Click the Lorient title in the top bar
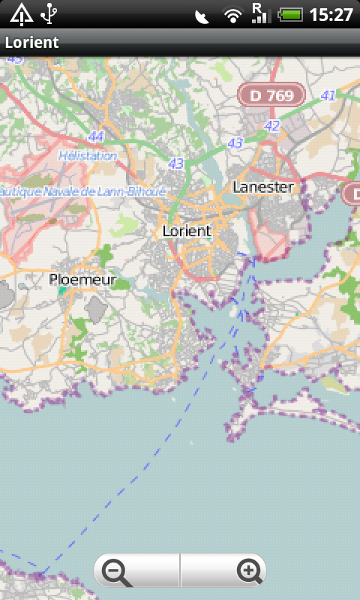[x=31, y=43]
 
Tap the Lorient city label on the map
[x=187, y=231]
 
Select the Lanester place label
[x=263, y=187]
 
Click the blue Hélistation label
[x=88, y=156]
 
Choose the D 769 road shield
[x=271, y=95]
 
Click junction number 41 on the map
[x=328, y=95]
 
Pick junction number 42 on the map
[x=271, y=126]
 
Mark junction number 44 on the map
[x=95, y=136]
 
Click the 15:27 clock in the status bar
[x=331, y=14]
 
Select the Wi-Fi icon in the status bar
[x=233, y=14]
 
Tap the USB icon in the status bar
[x=49, y=13]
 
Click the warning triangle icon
[x=21, y=13]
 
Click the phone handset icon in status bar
[x=202, y=15]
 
